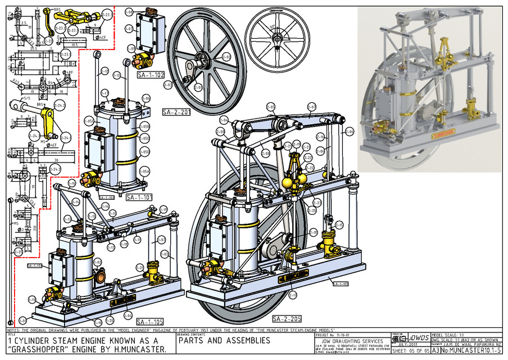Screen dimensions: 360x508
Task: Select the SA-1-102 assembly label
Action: pyautogui.click(x=150, y=74)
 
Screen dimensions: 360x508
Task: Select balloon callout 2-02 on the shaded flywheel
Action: pyautogui.click(x=226, y=57)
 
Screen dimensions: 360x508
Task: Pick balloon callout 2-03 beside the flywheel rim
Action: pyautogui.click(x=167, y=85)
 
